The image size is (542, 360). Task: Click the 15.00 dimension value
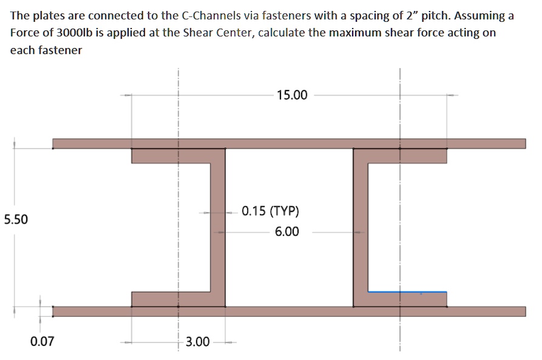(291, 95)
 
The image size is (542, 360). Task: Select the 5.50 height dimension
(15, 219)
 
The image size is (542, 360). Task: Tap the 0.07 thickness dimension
(42, 341)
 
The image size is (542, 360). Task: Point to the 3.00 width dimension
(197, 342)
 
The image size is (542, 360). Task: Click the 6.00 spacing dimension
(286, 231)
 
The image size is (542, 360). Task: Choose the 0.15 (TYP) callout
(270, 212)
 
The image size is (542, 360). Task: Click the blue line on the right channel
(407, 292)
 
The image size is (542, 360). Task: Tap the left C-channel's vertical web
(218, 227)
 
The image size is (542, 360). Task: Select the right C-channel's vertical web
(360, 227)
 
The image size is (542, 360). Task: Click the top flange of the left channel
(176, 156)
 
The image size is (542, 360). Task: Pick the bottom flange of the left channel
(176, 299)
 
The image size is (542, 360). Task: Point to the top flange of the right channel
(401, 156)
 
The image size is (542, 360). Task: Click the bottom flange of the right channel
(401, 299)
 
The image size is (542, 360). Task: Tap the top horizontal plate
(288, 143)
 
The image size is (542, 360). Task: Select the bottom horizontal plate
(288, 311)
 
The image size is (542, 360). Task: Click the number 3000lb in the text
(69, 33)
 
